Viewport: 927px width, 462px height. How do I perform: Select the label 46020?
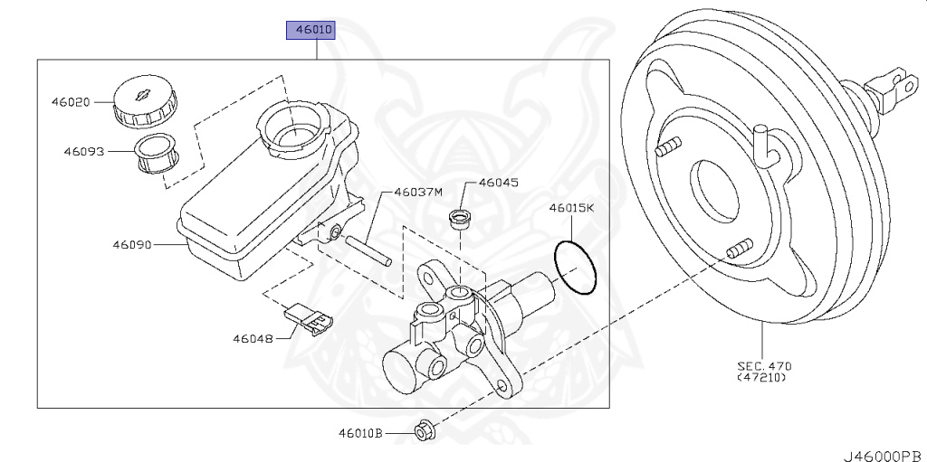click(70, 102)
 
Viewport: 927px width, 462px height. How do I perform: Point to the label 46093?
click(83, 152)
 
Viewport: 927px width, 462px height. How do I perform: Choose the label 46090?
click(132, 244)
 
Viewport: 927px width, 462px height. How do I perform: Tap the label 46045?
click(498, 183)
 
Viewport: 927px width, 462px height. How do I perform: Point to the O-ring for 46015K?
click(576, 268)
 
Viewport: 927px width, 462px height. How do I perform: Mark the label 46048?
click(252, 339)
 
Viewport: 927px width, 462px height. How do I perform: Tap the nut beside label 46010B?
click(423, 431)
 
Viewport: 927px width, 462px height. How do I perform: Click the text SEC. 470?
click(764, 365)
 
